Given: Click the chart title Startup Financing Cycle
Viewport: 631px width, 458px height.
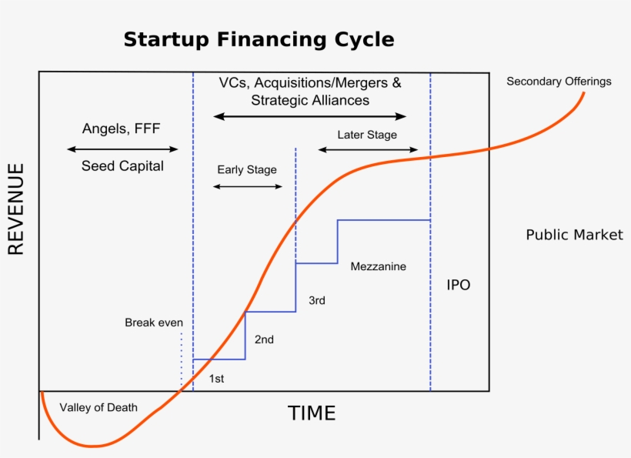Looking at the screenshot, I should tap(259, 39).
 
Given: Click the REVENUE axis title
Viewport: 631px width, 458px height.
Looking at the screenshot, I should tap(16, 209).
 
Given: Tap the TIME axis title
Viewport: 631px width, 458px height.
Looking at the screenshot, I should tap(312, 413).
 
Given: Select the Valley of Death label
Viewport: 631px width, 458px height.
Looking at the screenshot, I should tap(98, 407).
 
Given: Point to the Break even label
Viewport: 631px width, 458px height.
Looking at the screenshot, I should tap(154, 323).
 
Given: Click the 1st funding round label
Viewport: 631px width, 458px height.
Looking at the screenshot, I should tap(217, 379).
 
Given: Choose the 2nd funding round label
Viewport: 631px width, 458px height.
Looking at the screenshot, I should tap(264, 339).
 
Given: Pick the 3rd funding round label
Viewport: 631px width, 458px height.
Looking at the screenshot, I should tap(316, 300).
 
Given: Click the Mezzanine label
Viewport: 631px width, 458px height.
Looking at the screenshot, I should tap(378, 266).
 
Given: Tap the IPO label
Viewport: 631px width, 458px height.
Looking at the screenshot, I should tap(458, 285).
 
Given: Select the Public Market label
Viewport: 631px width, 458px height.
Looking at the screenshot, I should tap(574, 235).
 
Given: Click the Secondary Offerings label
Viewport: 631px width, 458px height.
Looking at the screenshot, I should tap(559, 82).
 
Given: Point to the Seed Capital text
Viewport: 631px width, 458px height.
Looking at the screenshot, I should tap(122, 165).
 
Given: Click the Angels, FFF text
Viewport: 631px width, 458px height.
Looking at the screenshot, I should tap(121, 129).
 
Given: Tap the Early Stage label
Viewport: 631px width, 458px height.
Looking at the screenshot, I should tap(246, 169).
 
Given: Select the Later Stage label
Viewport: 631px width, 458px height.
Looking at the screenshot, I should tap(367, 135).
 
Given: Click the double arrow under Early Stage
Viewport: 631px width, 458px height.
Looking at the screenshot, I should tap(248, 187).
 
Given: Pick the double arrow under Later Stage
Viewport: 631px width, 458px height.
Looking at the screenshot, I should tap(368, 150).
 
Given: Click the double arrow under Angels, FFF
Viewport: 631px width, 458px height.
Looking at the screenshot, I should tap(122, 149).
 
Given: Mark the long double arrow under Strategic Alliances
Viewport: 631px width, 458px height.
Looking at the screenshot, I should tap(309, 116).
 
